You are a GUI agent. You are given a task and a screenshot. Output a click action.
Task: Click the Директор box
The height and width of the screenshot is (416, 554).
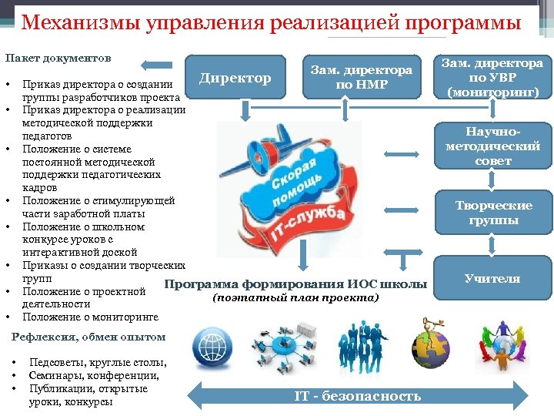pos(235,77)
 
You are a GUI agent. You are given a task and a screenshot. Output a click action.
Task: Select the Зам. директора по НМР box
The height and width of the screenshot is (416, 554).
pos(361,77)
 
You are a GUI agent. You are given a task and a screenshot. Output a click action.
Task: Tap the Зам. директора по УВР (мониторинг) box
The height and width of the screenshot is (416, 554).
pos(493,77)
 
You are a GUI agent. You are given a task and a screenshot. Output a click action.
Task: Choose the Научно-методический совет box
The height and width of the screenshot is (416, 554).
pos(493,146)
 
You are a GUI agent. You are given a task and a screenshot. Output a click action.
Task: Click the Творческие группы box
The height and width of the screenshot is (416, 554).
pos(493,213)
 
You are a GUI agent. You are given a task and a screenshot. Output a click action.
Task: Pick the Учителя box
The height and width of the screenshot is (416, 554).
pos(493,278)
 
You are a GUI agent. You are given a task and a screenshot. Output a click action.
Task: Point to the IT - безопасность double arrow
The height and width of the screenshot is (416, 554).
pos(358,396)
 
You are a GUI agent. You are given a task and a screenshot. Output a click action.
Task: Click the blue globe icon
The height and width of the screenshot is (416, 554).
pos(211,344)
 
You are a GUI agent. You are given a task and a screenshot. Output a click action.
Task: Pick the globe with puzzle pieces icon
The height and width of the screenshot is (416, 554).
pos(430,346)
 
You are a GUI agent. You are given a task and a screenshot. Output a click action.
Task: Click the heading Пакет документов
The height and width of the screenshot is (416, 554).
pos(58,59)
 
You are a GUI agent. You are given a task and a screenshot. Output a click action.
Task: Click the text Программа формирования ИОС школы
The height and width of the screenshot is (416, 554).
pos(296,284)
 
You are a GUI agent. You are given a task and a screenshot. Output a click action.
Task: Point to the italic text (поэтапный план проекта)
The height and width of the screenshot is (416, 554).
pos(296,297)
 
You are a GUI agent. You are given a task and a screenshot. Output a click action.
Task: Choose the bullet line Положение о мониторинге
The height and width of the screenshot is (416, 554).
pos(90,317)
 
